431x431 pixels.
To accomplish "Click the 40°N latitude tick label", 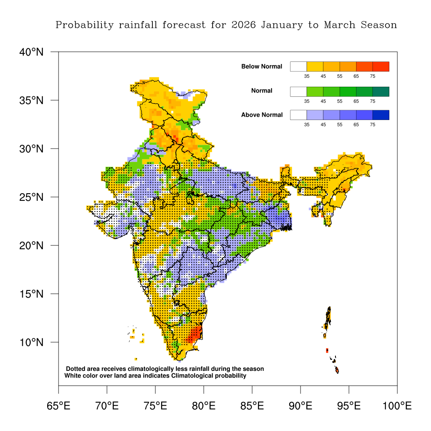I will click(31, 52).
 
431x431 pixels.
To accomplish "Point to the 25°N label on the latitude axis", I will click(31, 197).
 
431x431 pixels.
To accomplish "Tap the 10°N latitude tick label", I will click(31, 342).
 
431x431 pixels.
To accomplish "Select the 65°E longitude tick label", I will click(59, 406).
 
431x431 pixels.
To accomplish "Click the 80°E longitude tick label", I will click(204, 406).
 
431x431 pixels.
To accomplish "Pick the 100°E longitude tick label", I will click(397, 406).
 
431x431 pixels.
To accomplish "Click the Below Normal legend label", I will click(261, 67).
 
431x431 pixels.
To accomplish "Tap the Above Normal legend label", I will click(262, 115).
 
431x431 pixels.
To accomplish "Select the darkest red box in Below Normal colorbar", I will click(381, 67).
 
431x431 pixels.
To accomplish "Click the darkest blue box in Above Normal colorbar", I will click(381, 115).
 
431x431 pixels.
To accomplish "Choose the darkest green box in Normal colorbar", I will click(381, 91).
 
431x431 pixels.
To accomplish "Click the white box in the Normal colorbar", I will click(298, 91).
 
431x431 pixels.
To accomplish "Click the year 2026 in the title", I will click(243, 25).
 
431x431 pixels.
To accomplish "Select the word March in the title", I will click(340, 25).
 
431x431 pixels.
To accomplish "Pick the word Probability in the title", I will click(85, 25).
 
